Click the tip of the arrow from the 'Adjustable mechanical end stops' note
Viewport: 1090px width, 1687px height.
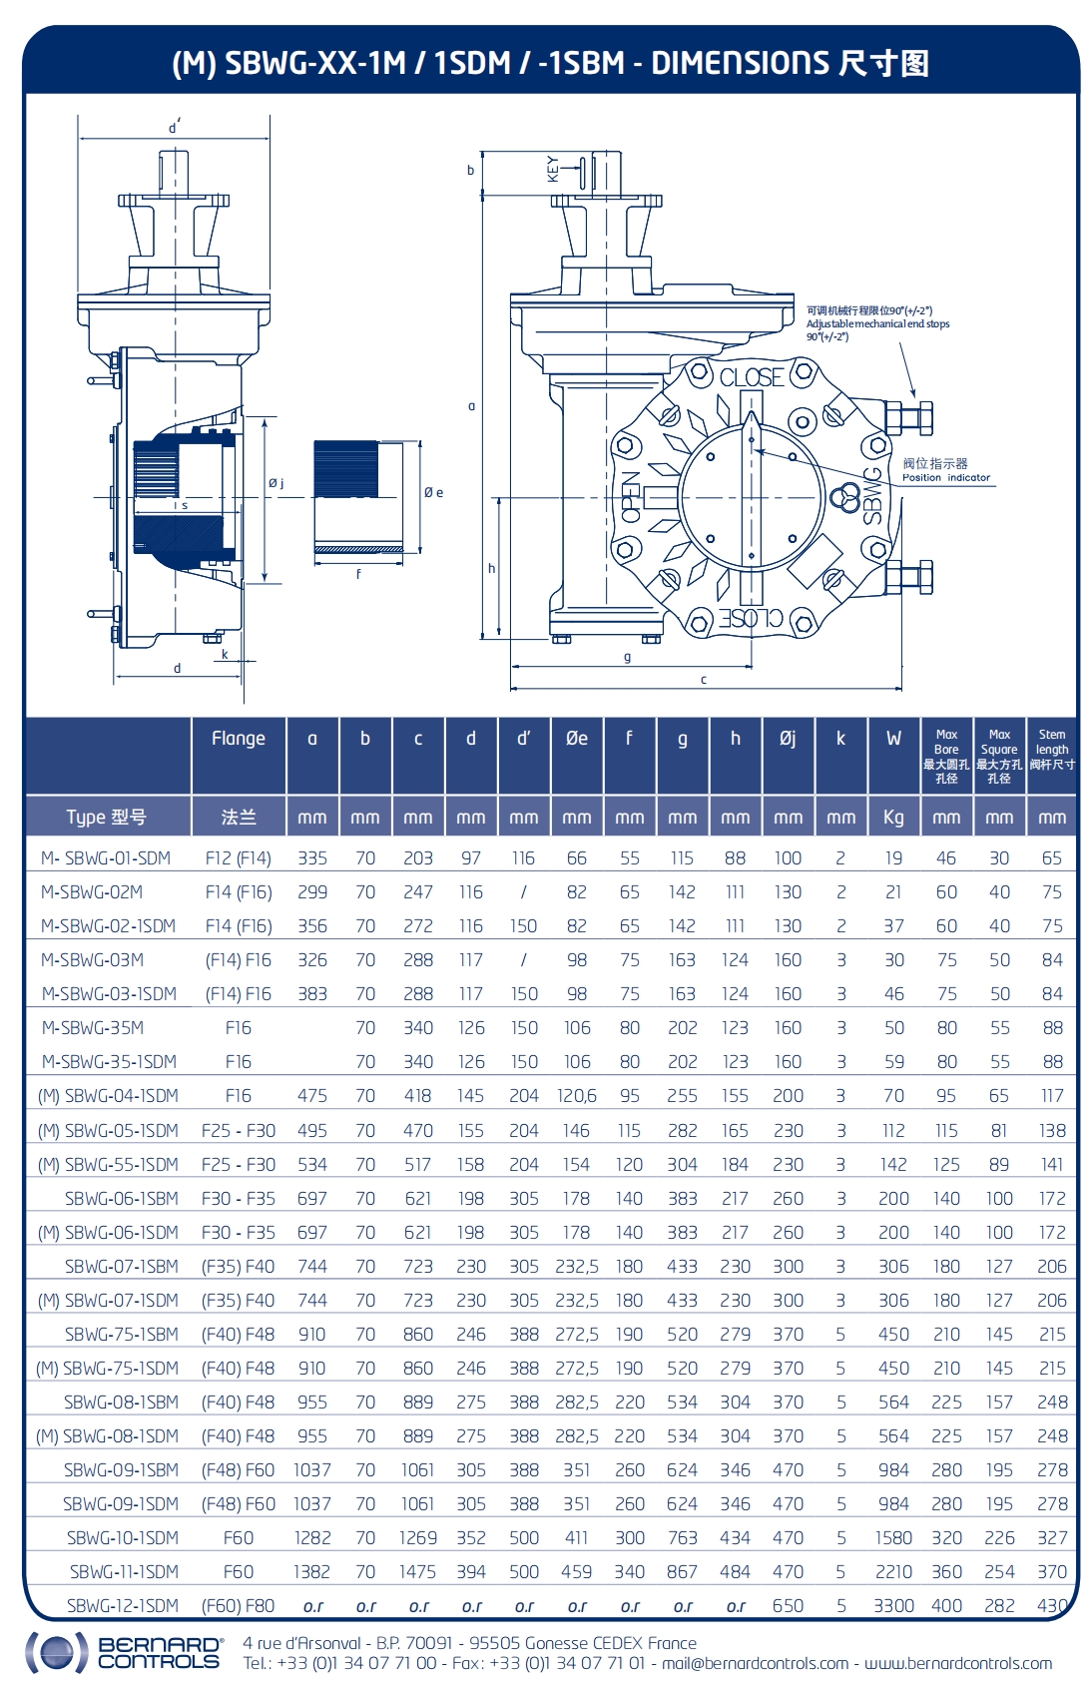pos(914,398)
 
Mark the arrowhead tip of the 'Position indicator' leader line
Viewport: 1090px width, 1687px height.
pos(757,451)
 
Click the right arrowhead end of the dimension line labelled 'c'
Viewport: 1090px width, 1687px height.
pos(901,689)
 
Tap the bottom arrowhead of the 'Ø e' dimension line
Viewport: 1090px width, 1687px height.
pos(419,554)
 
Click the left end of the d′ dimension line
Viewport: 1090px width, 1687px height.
pos(78,139)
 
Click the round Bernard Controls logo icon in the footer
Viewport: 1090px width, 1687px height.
pos(52,1653)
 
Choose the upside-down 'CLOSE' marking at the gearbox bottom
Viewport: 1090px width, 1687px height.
pos(751,618)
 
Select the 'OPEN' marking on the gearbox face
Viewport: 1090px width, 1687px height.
pos(630,498)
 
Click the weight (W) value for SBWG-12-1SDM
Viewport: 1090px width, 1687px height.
pos(893,1606)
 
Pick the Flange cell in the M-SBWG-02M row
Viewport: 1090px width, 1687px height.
pos(238,891)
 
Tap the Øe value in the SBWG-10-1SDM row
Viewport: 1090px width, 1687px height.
pos(576,1538)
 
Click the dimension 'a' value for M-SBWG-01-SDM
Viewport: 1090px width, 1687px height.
pos(311,857)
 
